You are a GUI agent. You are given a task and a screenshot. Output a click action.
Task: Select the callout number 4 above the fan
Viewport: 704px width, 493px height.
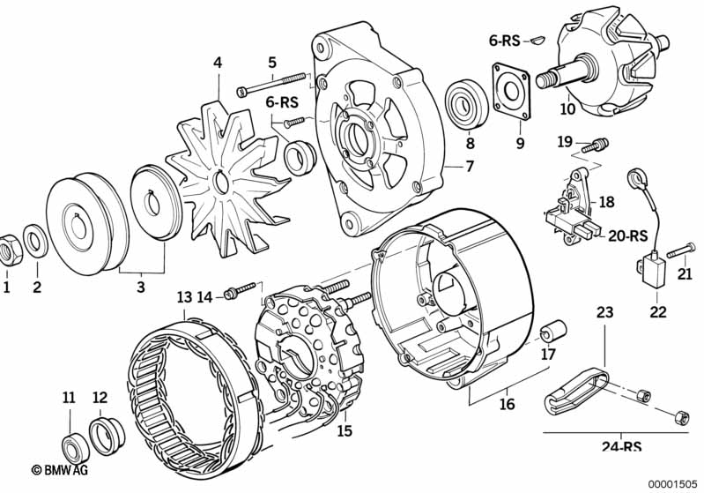[x=217, y=63]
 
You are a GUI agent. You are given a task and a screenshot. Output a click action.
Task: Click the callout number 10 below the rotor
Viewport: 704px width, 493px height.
[x=567, y=110]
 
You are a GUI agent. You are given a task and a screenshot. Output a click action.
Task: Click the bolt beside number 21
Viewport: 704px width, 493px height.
[x=676, y=253]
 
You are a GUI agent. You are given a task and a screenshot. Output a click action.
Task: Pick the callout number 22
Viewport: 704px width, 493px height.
[x=658, y=311]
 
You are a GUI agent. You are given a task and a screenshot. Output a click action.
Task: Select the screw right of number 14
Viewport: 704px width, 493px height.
[x=240, y=288]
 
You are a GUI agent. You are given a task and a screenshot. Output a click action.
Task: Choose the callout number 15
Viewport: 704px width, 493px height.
[x=344, y=431]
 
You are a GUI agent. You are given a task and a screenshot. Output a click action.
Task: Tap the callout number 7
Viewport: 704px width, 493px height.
[x=469, y=167]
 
